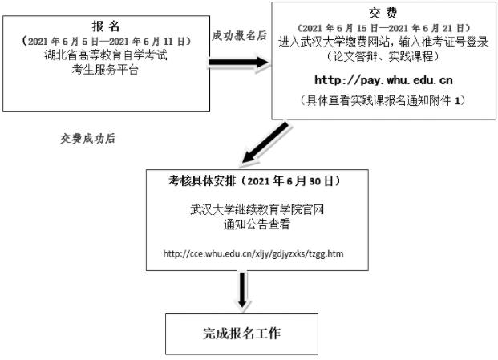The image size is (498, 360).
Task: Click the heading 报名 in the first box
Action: pyautogui.click(x=106, y=26)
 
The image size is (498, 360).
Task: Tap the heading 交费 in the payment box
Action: pyautogui.click(x=383, y=13)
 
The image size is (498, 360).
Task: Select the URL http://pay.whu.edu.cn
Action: pyautogui.click(x=383, y=80)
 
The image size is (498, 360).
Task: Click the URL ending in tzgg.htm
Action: pyautogui.click(x=253, y=253)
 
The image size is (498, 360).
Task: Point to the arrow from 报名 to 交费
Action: pyautogui.click(x=239, y=63)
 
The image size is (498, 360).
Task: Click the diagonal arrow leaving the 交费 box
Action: pyautogui.click(x=265, y=143)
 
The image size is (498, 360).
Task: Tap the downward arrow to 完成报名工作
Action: pyautogui.click(x=242, y=290)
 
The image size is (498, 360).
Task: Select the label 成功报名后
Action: pyautogui.click(x=239, y=36)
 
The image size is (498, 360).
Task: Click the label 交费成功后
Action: pyautogui.click(x=88, y=139)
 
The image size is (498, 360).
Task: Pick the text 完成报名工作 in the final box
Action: pyautogui.click(x=241, y=334)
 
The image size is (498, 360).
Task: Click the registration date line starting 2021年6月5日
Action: pyautogui.click(x=107, y=42)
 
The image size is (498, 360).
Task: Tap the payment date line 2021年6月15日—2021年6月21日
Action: pyautogui.click(x=383, y=28)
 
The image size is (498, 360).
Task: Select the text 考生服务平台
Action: pyautogui.click(x=105, y=69)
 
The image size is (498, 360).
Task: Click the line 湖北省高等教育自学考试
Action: pyautogui.click(x=105, y=55)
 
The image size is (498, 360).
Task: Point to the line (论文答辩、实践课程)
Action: pyautogui.click(x=383, y=56)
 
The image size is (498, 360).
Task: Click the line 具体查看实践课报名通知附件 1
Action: pyautogui.click(x=383, y=100)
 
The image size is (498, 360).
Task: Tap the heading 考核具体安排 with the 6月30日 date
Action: pyautogui.click(x=254, y=181)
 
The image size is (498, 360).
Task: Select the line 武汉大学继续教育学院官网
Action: pyautogui.click(x=257, y=210)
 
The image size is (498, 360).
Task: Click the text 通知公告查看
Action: pyautogui.click(x=257, y=224)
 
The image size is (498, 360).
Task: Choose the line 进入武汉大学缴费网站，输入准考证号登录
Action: pyautogui.click(x=383, y=42)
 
